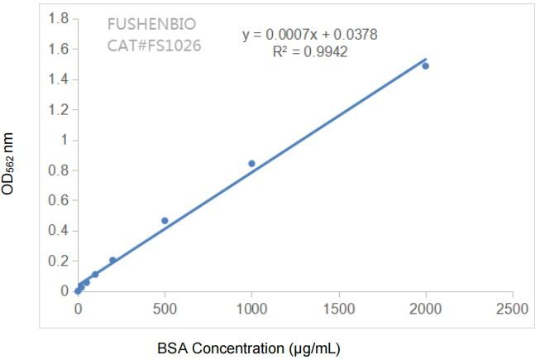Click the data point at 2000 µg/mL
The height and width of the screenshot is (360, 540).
pos(426,65)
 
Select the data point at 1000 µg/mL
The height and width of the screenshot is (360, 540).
pos(251,164)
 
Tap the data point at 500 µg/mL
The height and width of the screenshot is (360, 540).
pos(165,221)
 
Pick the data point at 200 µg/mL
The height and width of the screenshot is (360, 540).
pos(112,260)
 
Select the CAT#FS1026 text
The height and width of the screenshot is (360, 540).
pos(154,45)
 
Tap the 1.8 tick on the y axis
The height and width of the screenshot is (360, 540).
pos(58,18)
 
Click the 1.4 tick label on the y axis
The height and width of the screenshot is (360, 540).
pos(58,79)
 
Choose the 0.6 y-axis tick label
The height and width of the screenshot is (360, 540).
pos(58,200)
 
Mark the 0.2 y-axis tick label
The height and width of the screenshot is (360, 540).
pos(58,261)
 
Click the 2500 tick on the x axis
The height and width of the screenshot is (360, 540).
pos(513,309)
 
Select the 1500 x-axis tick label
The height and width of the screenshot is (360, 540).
pos(339,309)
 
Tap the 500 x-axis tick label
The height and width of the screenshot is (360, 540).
pos(165,309)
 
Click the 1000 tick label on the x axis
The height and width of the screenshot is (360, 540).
pos(251,309)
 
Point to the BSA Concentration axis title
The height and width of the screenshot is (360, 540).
pos(249,348)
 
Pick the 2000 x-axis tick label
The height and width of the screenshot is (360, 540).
pos(426,309)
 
